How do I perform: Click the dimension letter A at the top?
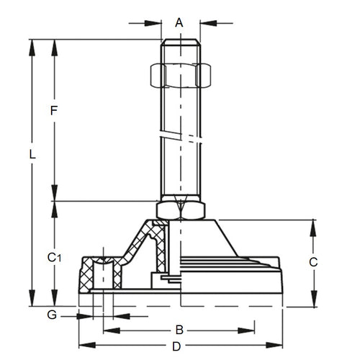[180, 22]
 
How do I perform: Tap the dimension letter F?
[53, 112]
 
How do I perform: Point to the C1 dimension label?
[54, 257]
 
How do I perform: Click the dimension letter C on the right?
[313, 263]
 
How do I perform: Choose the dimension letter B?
[181, 330]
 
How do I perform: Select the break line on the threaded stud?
[180, 135]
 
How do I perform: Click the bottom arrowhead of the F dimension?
[55, 196]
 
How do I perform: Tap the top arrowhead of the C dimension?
[313, 225]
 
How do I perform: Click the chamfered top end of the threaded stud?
[180, 42]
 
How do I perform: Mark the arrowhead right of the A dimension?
[206, 24]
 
